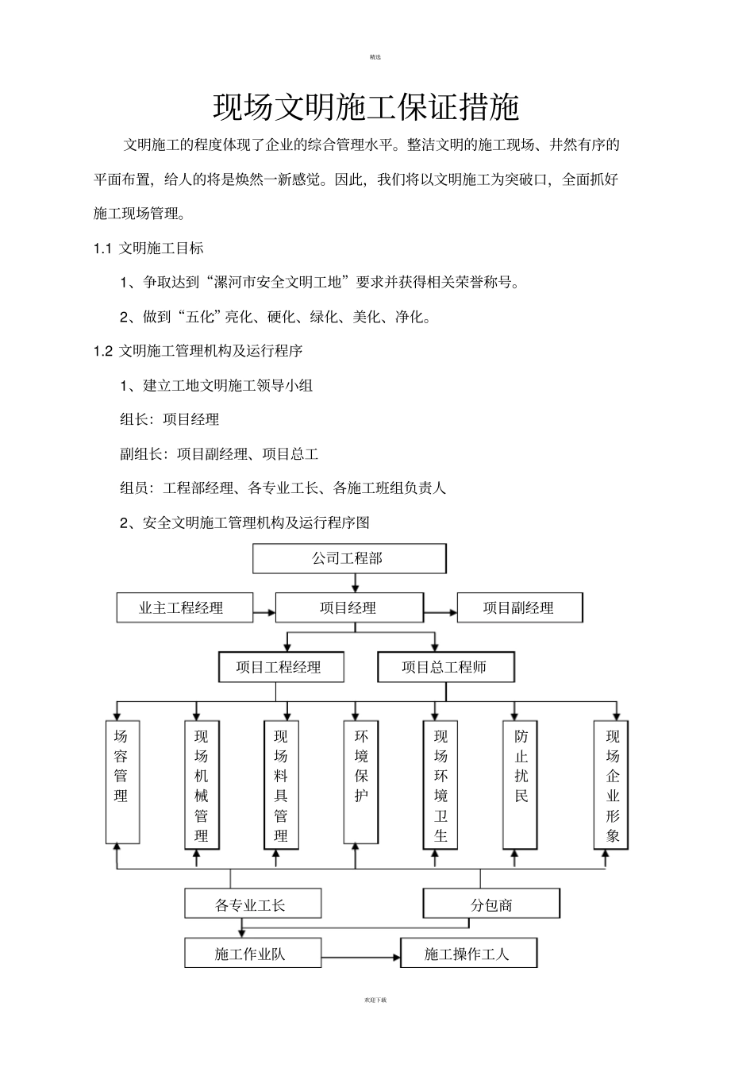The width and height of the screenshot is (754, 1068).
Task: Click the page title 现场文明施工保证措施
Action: click(366, 107)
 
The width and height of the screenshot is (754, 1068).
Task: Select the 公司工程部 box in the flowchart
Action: click(349, 558)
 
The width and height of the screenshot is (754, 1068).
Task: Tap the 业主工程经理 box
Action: click(185, 608)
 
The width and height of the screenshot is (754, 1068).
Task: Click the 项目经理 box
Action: click(349, 608)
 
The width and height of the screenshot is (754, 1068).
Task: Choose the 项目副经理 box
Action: click(519, 608)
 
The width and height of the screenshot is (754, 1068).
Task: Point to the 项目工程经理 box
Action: click(281, 667)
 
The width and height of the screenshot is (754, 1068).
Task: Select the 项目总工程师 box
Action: click(446, 667)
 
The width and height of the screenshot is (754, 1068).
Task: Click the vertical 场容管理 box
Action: click(122, 782)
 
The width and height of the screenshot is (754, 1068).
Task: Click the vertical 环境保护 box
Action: click(361, 782)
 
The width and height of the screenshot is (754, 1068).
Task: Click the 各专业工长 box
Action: click(252, 904)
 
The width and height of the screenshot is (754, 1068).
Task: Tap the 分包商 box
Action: click(491, 904)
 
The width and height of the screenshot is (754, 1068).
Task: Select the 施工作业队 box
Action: click(252, 953)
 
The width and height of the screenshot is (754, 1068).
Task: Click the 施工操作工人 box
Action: click(468, 953)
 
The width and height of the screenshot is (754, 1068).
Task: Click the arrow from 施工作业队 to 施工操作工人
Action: click(361, 957)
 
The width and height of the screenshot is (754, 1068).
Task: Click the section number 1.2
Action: click(102, 351)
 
